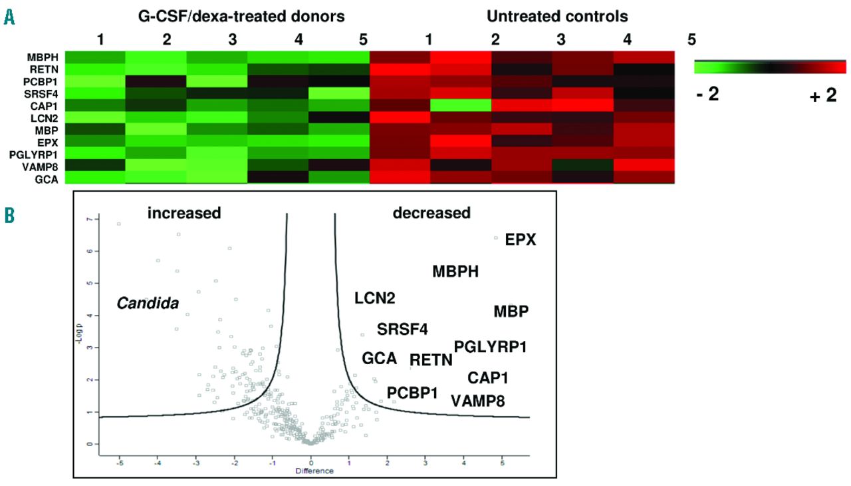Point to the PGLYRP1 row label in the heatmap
coord(42,152)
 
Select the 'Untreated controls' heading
coord(557,16)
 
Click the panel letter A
coord(9,18)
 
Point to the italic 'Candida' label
coord(148,304)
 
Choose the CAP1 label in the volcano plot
coord(488,378)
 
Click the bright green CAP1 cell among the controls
coord(460,105)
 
